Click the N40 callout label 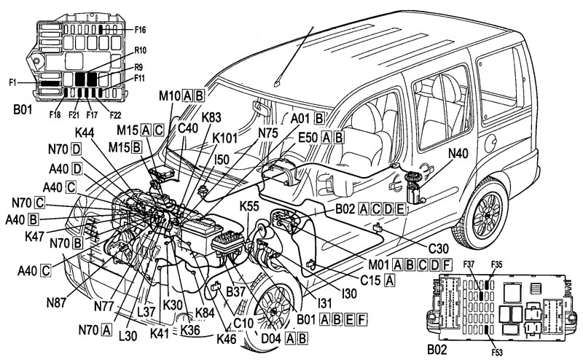[x=458, y=153]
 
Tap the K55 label [x=249, y=206]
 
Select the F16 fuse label [x=140, y=30]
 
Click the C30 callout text [x=439, y=248]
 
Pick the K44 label [x=85, y=133]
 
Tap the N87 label [x=56, y=302]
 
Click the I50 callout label [x=222, y=160]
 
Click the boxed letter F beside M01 [x=447, y=265]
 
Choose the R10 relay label [x=140, y=50]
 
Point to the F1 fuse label [x=13, y=82]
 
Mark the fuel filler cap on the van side [x=490, y=143]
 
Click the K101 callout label [x=224, y=138]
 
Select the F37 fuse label [x=469, y=265]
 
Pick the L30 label [x=128, y=336]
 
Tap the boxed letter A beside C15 [x=389, y=280]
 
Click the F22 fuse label [x=115, y=115]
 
